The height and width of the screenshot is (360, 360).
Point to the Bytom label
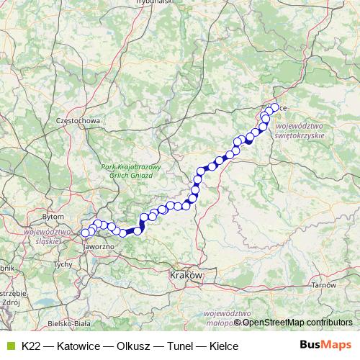click(x=53, y=216)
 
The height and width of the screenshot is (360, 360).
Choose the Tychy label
click(x=64, y=265)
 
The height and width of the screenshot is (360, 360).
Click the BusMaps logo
click(x=325, y=346)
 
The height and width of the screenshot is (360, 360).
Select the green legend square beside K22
click(x=10, y=346)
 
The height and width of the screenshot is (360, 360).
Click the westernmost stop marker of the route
click(x=85, y=233)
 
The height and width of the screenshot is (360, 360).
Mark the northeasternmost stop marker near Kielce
click(x=274, y=107)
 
